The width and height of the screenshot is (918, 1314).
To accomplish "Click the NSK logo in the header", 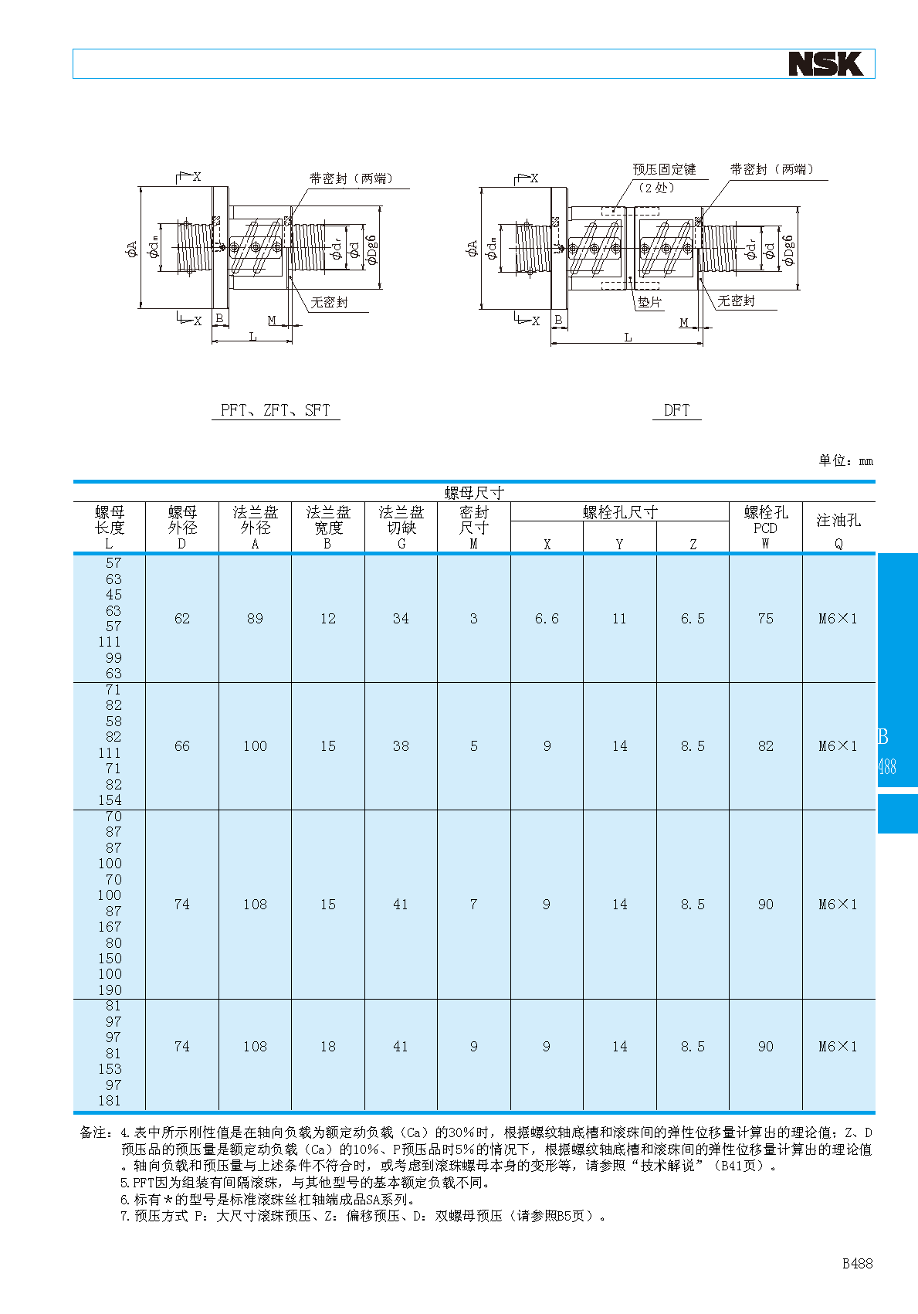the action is [x=825, y=64].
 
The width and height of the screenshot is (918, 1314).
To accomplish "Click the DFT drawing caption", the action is [x=676, y=410].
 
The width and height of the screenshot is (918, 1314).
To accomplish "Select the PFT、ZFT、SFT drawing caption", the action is [x=275, y=410].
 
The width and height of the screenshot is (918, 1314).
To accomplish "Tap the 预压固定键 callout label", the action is [x=664, y=169].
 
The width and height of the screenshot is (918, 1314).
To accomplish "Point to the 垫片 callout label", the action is [x=649, y=302].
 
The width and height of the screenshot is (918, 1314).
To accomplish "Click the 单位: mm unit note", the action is [x=846, y=460].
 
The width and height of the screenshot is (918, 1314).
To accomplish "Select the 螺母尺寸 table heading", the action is [x=473, y=492].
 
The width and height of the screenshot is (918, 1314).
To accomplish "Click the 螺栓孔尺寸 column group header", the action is [x=620, y=512].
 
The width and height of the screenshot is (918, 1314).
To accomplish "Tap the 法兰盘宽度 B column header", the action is [x=327, y=528].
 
